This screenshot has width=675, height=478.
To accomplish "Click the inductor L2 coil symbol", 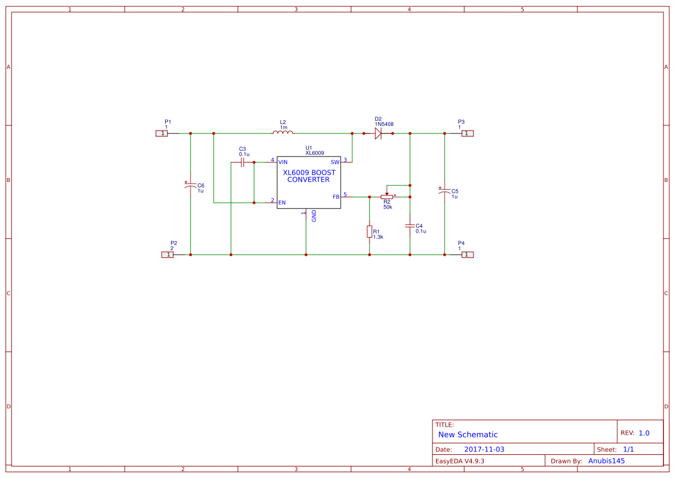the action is point(283,133).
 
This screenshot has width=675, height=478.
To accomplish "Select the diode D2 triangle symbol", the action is point(378,133).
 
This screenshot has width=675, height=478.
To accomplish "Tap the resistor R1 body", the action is point(370,231).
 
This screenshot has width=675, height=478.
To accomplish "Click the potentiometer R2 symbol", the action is point(387,196).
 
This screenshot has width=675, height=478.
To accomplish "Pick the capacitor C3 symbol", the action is point(243,162).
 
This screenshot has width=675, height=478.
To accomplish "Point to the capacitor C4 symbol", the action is point(410,226).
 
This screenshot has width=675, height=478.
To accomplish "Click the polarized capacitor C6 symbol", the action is point(191,186).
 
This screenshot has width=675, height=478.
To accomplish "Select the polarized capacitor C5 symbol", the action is point(445,191).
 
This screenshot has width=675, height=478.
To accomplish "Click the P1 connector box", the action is point(162,133).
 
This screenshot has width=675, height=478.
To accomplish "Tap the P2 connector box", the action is point(167,255).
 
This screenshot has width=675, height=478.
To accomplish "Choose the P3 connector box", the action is point(468,133).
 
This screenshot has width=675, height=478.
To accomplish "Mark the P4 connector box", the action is point(468,255).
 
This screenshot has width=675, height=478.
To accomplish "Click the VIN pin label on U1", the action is point(283,162).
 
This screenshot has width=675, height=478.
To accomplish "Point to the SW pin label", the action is point(335,162).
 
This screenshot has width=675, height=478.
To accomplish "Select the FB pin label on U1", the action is point(336,197).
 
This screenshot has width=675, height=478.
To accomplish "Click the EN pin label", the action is point(282,203).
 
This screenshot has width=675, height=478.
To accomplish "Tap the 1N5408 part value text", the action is point(384,124).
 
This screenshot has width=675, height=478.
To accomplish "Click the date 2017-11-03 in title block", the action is point(484,449).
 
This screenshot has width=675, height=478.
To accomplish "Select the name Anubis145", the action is point(606,461).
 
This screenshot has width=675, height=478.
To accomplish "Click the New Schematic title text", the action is point(468,435).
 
